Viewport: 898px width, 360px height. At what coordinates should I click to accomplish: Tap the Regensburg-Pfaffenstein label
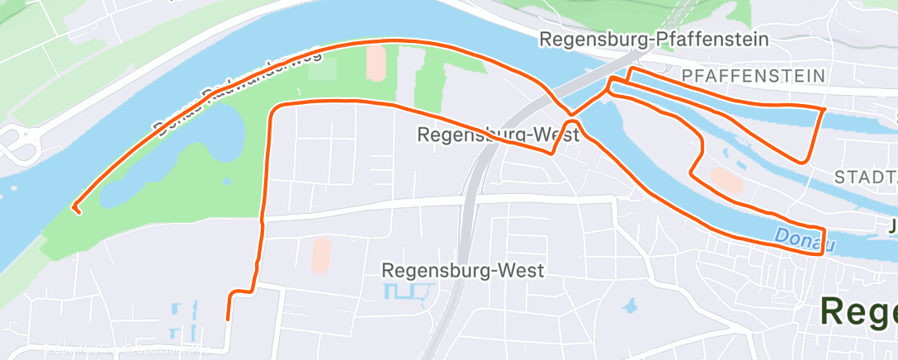coord(654,39)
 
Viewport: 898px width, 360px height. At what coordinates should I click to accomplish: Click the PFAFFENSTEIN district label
coord(754,76)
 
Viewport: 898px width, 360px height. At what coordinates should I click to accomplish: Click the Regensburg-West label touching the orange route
coord(498,135)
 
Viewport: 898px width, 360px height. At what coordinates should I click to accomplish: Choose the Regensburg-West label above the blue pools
coord(462,271)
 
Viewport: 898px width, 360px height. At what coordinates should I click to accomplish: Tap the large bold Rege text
coord(858,312)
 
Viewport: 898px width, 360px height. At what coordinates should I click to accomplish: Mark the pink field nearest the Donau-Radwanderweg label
coord(376,63)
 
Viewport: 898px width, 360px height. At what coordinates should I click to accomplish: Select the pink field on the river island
coord(726,179)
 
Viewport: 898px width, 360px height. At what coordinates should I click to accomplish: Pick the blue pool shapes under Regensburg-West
coord(409,291)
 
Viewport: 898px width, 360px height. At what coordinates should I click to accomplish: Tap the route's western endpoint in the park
coord(77,211)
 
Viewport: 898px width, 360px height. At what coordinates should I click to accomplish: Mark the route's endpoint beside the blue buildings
coord(227,318)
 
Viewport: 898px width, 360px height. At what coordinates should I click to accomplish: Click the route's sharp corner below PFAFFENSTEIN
coord(824,109)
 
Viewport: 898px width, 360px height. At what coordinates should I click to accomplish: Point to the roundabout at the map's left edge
coord(15,145)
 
